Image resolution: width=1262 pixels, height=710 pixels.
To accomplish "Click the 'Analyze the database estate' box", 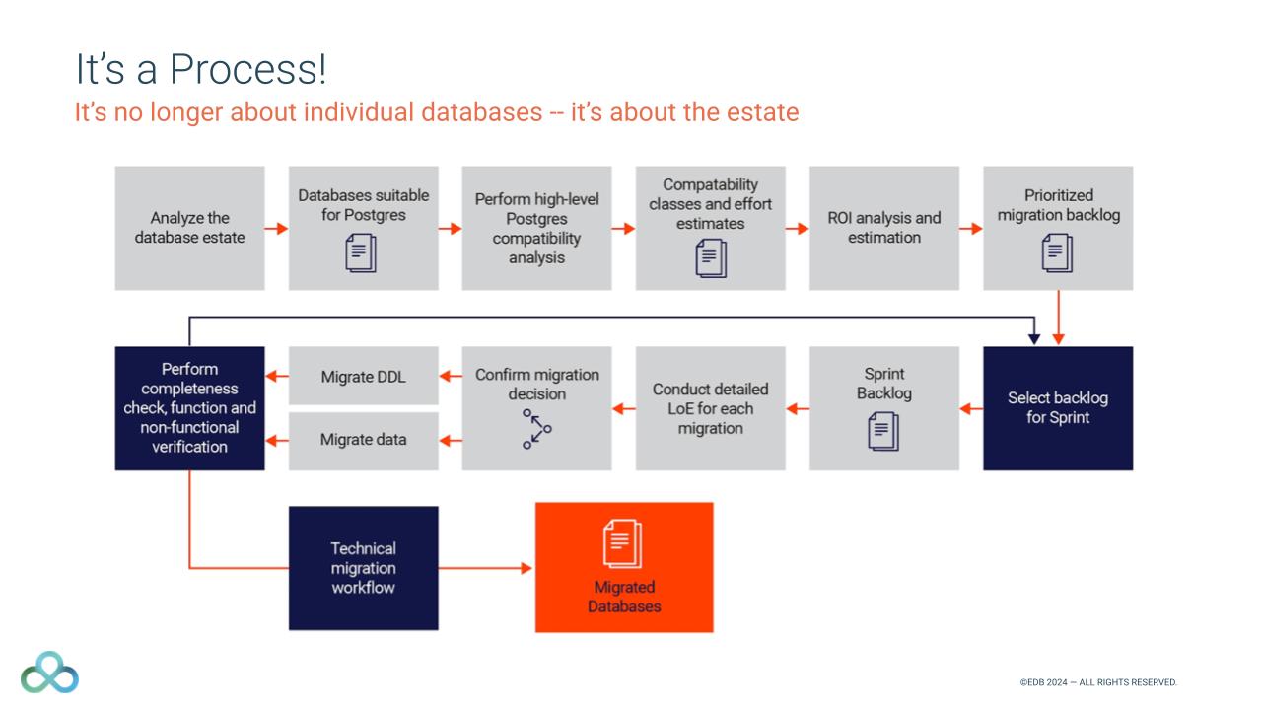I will pyautogui.click(x=189, y=228).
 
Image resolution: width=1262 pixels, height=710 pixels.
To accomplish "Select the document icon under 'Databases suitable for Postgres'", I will pyautogui.click(x=362, y=252).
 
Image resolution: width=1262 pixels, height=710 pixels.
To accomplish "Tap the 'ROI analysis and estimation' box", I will pyautogui.click(x=884, y=228).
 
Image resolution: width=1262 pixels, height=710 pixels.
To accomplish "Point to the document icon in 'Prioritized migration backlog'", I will pyautogui.click(x=1057, y=252).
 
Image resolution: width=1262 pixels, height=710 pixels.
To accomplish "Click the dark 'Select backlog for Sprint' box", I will pyautogui.click(x=1058, y=408).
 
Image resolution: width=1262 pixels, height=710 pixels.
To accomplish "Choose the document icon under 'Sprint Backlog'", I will pyautogui.click(x=883, y=431).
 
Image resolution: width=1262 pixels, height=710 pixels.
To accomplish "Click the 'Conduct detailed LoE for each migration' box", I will pyautogui.click(x=710, y=408).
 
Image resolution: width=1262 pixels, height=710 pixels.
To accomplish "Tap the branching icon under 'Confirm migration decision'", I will pyautogui.click(x=536, y=429).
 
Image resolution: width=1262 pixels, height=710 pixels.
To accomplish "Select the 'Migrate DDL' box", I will pyautogui.click(x=363, y=376).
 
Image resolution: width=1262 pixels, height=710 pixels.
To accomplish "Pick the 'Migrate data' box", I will pyautogui.click(x=363, y=440).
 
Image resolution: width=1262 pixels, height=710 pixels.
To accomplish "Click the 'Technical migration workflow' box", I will pyautogui.click(x=363, y=568).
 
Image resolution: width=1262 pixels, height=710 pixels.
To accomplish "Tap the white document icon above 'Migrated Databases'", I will pyautogui.click(x=623, y=544).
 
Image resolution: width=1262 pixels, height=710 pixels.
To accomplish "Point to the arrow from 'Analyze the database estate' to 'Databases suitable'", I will pyautogui.click(x=276, y=229).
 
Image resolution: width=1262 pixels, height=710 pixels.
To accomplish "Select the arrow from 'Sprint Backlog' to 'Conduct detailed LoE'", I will pyautogui.click(x=798, y=408).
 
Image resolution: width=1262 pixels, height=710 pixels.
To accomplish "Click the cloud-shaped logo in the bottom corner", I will pyautogui.click(x=49, y=672).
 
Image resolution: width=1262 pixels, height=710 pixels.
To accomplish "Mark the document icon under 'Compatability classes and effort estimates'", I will pyautogui.click(x=710, y=258).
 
